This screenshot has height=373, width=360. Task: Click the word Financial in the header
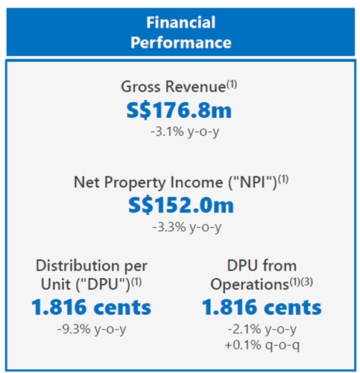click(x=180, y=22)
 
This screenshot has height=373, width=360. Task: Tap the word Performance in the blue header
click(x=180, y=42)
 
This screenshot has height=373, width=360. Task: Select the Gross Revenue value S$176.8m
click(x=180, y=110)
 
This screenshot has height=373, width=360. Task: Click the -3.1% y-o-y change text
click(x=180, y=132)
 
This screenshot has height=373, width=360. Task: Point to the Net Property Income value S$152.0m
click(x=180, y=204)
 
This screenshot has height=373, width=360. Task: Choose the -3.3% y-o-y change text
click(x=180, y=226)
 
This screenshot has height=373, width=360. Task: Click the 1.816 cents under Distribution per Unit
click(x=92, y=307)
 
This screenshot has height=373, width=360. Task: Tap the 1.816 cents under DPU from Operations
click(x=262, y=307)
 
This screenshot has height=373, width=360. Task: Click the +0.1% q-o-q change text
click(x=262, y=345)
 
